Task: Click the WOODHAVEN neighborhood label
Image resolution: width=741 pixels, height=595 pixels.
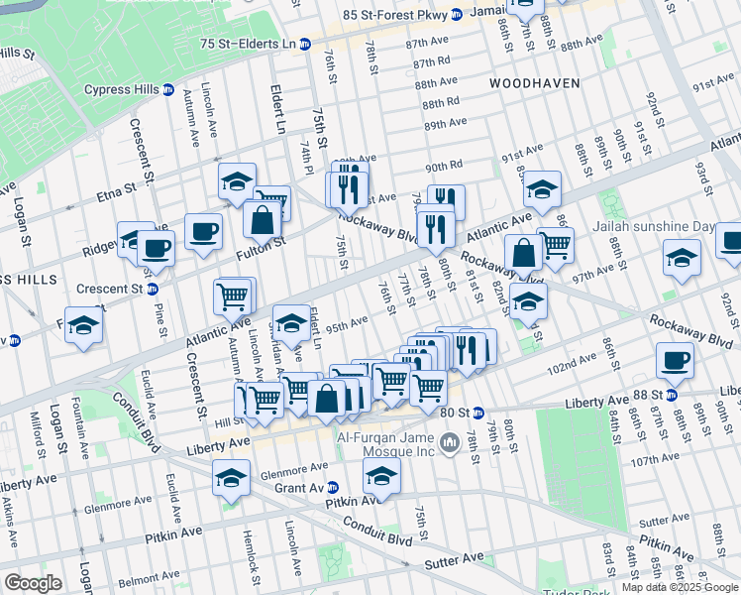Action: click(534, 83)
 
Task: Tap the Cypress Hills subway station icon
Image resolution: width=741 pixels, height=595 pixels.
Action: click(168, 89)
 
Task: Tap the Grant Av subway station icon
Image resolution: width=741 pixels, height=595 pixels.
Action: click(334, 488)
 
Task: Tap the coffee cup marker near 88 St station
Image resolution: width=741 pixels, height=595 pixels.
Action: click(676, 360)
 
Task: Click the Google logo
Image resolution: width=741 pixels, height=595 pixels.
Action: click(32, 583)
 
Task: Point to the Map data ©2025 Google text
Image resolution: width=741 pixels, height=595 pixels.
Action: click(680, 587)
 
